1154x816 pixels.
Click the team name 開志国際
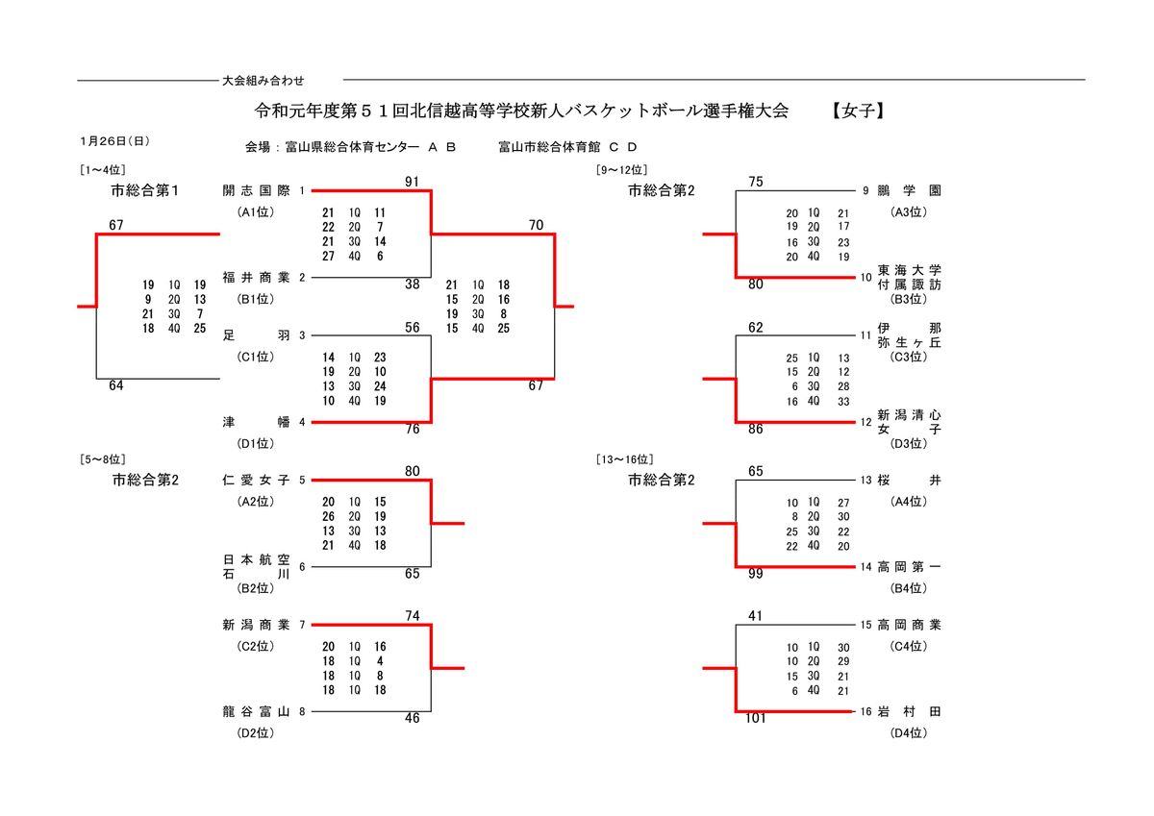tap(256, 190)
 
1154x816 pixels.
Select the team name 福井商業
tap(256, 278)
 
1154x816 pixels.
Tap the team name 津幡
tap(256, 422)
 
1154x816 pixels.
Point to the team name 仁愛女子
tap(256, 480)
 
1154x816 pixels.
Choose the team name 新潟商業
tap(256, 625)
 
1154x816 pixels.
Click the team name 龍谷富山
tap(256, 712)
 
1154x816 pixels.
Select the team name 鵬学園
tap(909, 190)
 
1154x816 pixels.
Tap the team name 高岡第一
tap(909, 567)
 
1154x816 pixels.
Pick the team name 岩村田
tap(909, 712)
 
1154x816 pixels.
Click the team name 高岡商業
tap(909, 625)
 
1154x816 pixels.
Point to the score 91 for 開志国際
tap(413, 182)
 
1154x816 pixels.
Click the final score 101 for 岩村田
tap(755, 718)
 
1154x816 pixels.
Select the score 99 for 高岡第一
tap(755, 574)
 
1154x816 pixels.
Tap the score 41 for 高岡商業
tap(755, 616)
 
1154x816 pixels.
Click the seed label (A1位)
tap(256, 211)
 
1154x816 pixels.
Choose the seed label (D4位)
tap(909, 733)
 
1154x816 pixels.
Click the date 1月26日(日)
tap(114, 140)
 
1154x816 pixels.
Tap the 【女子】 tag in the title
tap(858, 111)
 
